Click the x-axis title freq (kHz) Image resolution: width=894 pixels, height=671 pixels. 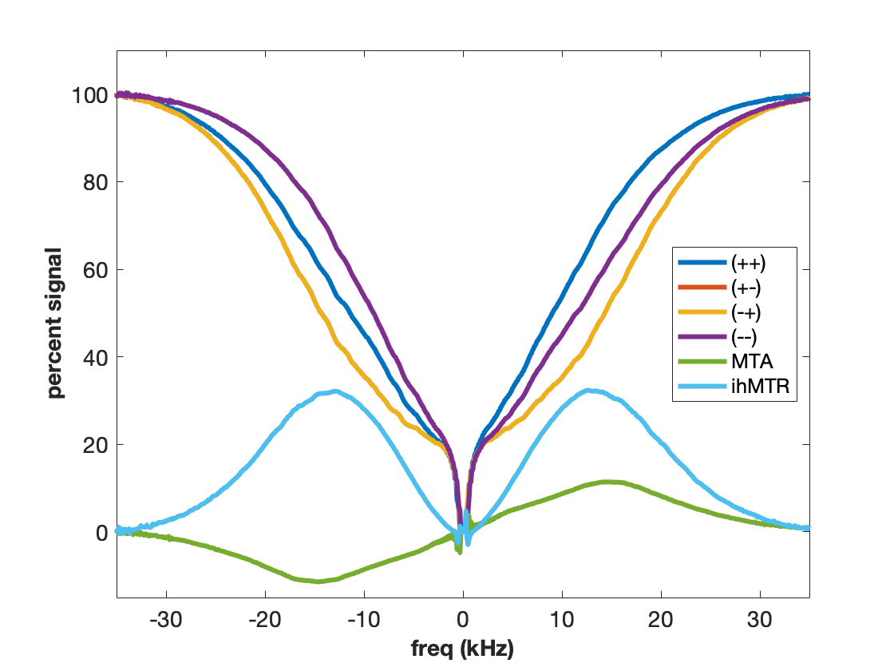pos(463,646)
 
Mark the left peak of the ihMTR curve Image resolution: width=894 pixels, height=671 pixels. pos(335,391)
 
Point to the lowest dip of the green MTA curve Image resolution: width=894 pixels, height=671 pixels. pos(318,581)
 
